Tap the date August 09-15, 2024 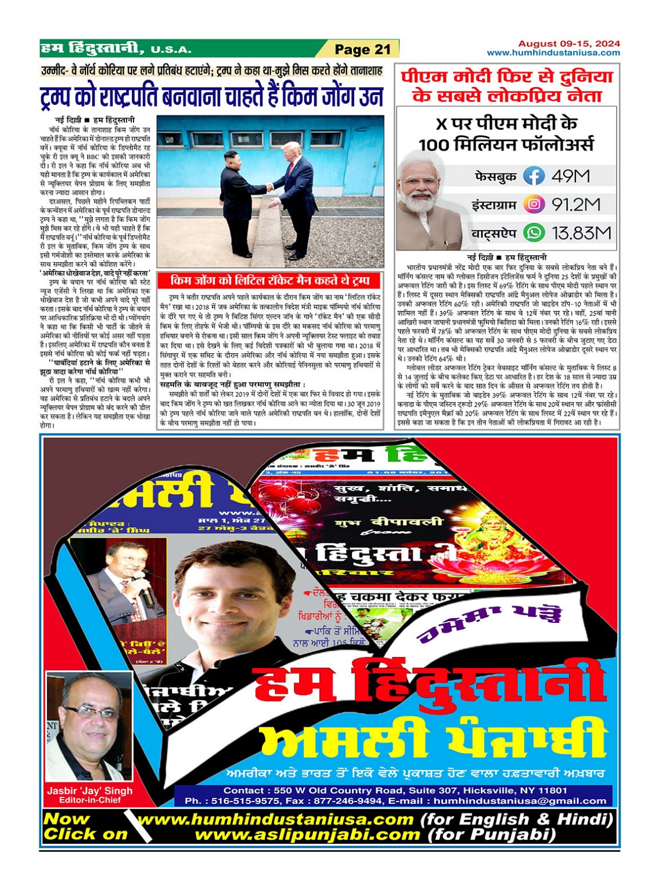coord(568,43)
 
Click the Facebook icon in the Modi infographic coord(534,176)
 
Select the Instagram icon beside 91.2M coord(534,204)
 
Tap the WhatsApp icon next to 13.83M coord(534,233)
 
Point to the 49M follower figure coord(570,176)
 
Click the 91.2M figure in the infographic coord(575,204)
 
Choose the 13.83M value coord(581,233)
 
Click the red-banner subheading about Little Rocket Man coord(270,281)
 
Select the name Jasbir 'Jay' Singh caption coord(89,791)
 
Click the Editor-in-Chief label coord(89,800)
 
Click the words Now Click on coord(85,827)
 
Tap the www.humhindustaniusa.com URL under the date coord(553,53)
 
